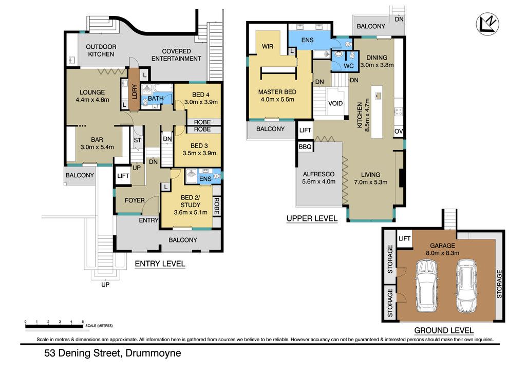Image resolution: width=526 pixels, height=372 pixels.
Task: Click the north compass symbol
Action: [487, 24]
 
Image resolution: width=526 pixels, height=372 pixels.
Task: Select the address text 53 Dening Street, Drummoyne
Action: [112, 353]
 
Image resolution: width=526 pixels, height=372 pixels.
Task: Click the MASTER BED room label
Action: [277, 92]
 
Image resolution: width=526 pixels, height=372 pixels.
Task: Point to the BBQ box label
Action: [305, 146]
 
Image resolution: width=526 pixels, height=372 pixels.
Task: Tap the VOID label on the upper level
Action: [335, 103]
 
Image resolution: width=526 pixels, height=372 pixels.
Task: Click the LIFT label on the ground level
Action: [404, 238]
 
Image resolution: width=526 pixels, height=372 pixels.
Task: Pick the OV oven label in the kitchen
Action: [399, 131]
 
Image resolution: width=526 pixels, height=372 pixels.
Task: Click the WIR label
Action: [267, 46]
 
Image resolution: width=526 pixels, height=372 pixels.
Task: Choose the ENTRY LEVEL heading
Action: [160, 264]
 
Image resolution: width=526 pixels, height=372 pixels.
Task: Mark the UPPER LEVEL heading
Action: [312, 219]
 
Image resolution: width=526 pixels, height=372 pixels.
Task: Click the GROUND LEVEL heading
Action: [444, 331]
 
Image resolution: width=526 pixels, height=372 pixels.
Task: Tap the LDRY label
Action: [134, 91]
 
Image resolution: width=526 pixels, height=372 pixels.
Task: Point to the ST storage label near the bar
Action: [138, 140]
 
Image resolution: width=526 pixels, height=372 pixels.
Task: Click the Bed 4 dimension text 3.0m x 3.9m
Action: [201, 102]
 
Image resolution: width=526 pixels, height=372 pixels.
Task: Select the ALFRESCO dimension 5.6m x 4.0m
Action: [318, 182]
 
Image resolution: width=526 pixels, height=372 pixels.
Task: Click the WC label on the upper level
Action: [349, 66]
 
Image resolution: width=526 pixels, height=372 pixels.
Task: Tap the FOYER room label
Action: [135, 200]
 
